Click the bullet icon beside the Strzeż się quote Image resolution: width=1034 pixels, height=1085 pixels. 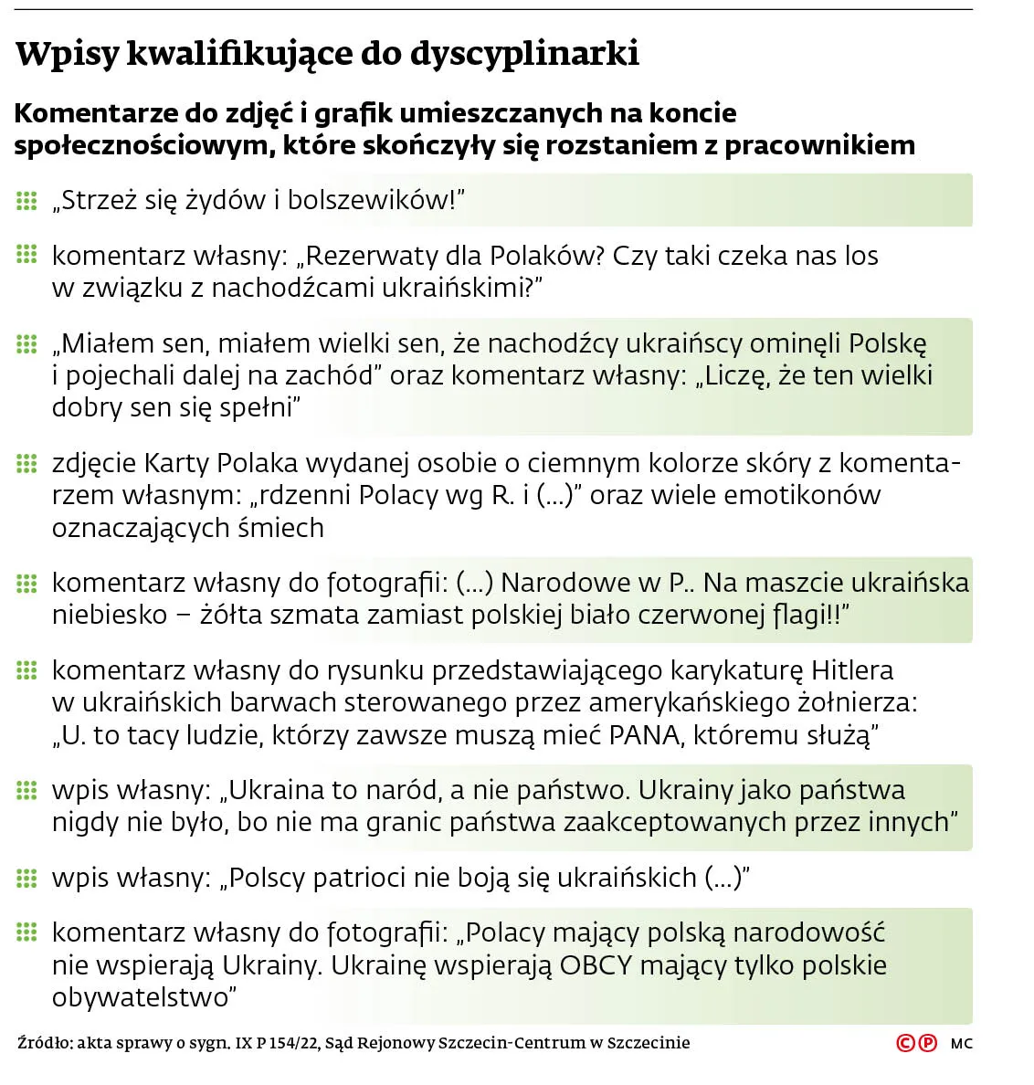(26, 200)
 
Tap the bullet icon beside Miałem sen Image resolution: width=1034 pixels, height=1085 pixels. (26, 343)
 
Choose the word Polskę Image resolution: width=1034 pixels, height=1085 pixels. (887, 343)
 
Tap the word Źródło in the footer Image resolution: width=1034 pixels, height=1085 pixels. (42, 1043)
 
